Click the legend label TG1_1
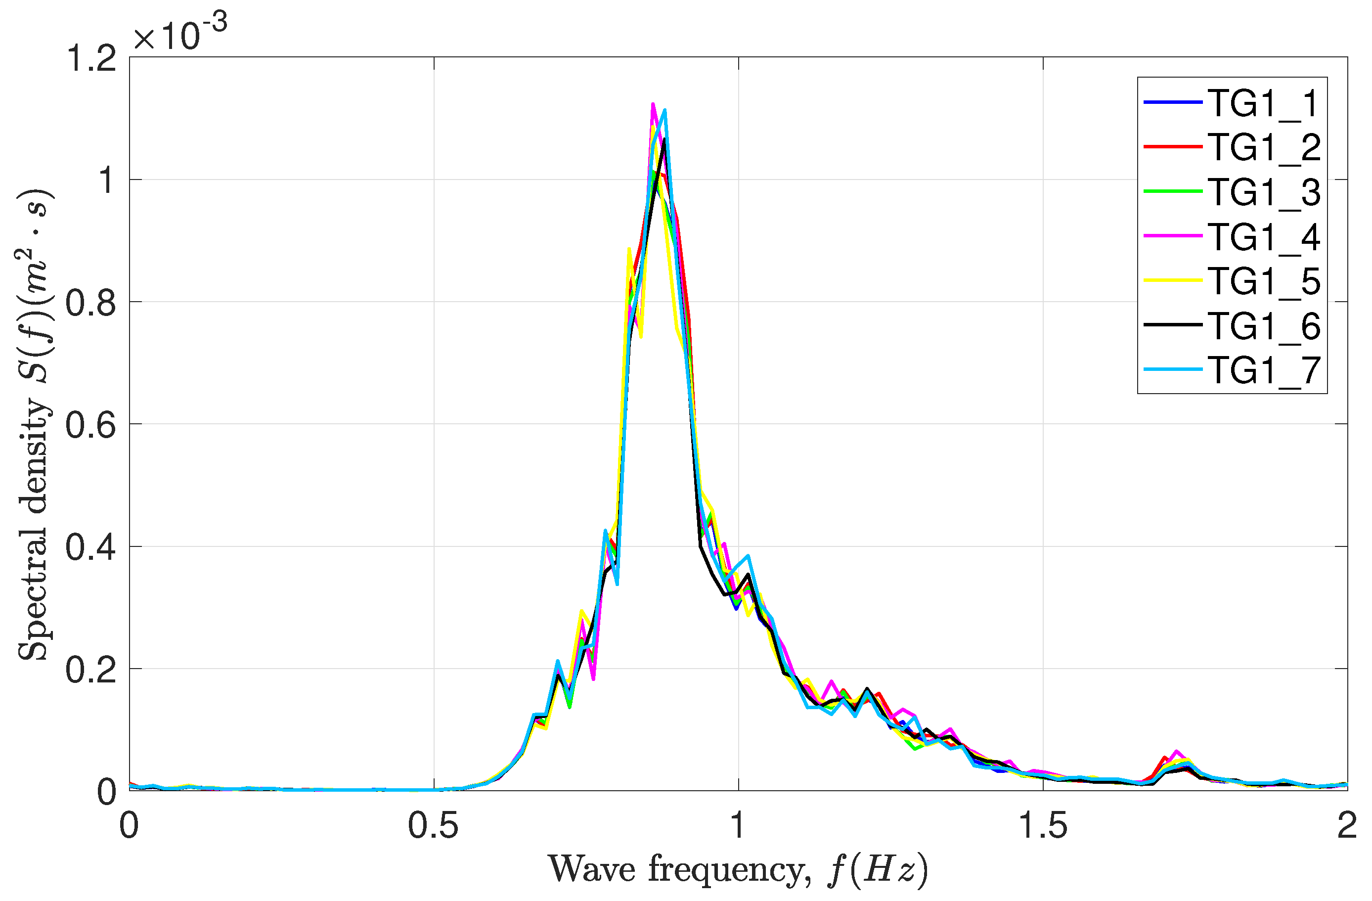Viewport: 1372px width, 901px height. click(1264, 104)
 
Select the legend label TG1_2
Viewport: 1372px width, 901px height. click(1264, 148)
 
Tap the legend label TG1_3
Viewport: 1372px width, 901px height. click(1264, 192)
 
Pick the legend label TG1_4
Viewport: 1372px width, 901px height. click(1264, 237)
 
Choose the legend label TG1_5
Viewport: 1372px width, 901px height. click(1264, 281)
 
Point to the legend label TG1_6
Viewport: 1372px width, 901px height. click(1264, 326)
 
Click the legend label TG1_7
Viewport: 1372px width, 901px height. click(1264, 370)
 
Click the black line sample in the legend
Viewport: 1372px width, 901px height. click(1173, 325)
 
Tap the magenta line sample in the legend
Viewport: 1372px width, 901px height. click(1173, 236)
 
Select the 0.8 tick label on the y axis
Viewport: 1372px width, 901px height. click(91, 303)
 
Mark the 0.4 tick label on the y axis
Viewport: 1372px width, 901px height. click(91, 547)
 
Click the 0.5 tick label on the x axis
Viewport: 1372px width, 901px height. click(433, 826)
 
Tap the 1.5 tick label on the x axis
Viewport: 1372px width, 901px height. click(1043, 826)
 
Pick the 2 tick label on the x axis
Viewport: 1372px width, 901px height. click(1347, 826)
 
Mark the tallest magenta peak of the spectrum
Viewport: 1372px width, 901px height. click(653, 104)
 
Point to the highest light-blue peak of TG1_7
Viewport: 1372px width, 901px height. click(664, 110)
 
